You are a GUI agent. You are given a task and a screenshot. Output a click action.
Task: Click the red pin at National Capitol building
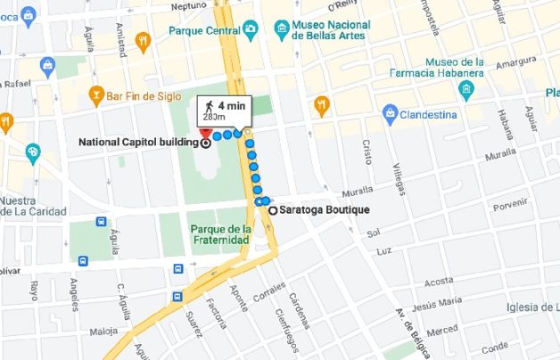pos(206,135)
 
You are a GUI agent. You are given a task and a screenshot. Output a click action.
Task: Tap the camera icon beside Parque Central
pos(251,30)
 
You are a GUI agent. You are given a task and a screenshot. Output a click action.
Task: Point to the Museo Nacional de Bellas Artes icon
pos(282,29)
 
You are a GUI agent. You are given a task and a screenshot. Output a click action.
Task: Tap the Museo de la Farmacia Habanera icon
pos(464,90)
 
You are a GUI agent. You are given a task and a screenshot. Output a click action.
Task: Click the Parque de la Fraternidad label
pos(219,234)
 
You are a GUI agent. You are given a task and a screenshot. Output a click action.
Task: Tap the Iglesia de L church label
pos(532,307)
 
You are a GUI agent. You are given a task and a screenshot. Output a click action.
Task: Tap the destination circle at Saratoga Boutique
pos(271,211)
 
